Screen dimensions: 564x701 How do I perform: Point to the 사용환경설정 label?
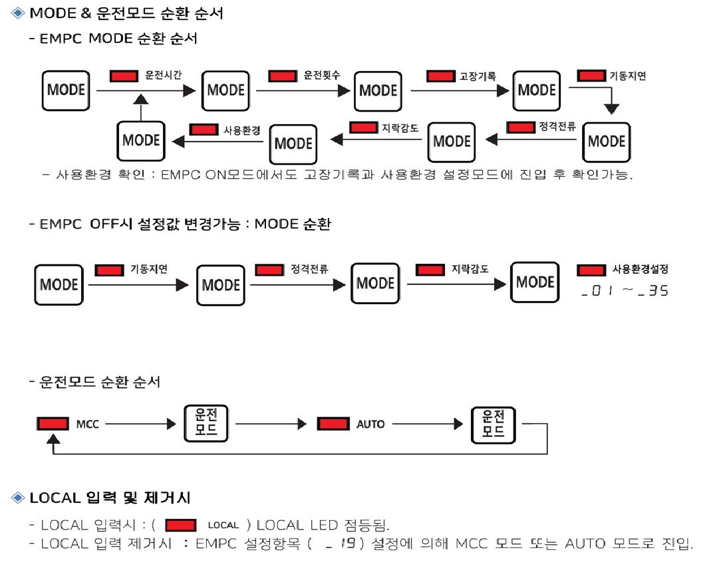[640, 270]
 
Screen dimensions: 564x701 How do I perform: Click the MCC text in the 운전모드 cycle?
[88, 424]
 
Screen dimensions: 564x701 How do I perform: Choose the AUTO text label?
[370, 424]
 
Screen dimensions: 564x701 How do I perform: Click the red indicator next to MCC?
[53, 424]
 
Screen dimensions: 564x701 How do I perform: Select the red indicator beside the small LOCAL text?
[180, 525]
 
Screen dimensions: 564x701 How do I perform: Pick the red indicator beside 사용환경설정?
[591, 270]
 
